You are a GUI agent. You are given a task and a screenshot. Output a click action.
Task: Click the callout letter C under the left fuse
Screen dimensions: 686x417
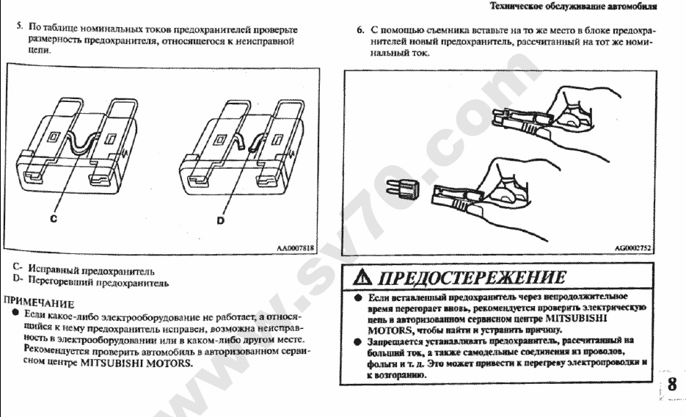click(54, 218)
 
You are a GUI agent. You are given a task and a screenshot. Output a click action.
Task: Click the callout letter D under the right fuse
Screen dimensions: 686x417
click(221, 220)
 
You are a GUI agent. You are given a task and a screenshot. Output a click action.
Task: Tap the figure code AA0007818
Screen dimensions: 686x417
click(295, 248)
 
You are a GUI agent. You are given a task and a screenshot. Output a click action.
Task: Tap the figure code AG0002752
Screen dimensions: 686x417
click(633, 248)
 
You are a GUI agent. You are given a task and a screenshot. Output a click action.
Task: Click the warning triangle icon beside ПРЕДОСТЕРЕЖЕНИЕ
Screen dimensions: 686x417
click(362, 277)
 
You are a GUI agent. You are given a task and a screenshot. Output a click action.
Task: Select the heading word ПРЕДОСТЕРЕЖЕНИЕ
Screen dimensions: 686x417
click(472, 278)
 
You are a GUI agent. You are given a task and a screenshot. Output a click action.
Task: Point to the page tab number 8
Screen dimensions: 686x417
click(671, 385)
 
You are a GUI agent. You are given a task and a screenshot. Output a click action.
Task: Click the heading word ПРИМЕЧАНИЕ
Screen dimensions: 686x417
click(39, 302)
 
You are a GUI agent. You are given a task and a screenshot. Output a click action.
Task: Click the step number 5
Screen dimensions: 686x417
click(20, 26)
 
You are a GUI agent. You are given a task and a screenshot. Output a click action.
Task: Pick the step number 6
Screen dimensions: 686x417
click(360, 30)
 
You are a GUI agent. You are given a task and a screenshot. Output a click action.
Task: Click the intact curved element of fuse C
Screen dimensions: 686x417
click(80, 143)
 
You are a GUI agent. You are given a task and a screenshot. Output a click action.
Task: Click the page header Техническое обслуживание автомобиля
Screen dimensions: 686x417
click(573, 6)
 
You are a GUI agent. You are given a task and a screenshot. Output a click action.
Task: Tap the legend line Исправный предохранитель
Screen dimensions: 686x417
click(91, 269)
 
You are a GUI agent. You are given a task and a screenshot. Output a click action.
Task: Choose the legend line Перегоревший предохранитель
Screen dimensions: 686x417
click(98, 282)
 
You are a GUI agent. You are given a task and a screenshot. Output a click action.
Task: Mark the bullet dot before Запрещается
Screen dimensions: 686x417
click(358, 341)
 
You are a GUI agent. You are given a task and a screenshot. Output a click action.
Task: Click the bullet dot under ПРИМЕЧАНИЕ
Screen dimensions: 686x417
click(15, 313)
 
